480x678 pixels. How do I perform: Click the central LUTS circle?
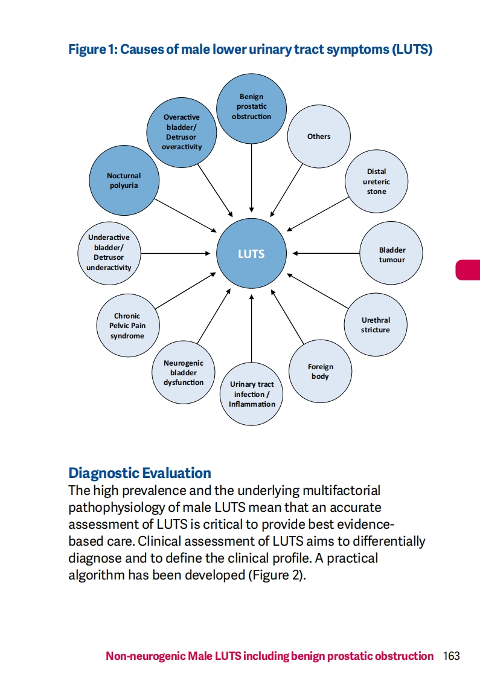pyautogui.click(x=251, y=254)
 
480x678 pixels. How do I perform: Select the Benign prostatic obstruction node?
pyautogui.click(x=251, y=106)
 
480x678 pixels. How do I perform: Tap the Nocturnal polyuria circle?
pyautogui.click(x=124, y=180)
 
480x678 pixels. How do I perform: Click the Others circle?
pyautogui.click(x=319, y=137)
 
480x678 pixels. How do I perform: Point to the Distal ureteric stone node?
pyautogui.click(x=376, y=181)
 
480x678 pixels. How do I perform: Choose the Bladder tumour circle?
pyautogui.click(x=392, y=254)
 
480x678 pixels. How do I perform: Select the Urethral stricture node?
pyautogui.click(x=376, y=325)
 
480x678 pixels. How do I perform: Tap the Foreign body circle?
pyautogui.click(x=320, y=372)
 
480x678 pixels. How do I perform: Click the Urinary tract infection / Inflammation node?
pyautogui.click(x=252, y=394)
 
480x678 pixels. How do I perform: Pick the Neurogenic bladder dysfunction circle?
pyautogui.click(x=184, y=373)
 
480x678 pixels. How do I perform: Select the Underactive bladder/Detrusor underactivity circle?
pyautogui.click(x=109, y=253)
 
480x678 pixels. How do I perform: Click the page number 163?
pyautogui.click(x=451, y=656)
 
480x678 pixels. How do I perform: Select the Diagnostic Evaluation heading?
pyautogui.click(x=140, y=473)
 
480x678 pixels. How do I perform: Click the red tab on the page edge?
pyautogui.click(x=469, y=270)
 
